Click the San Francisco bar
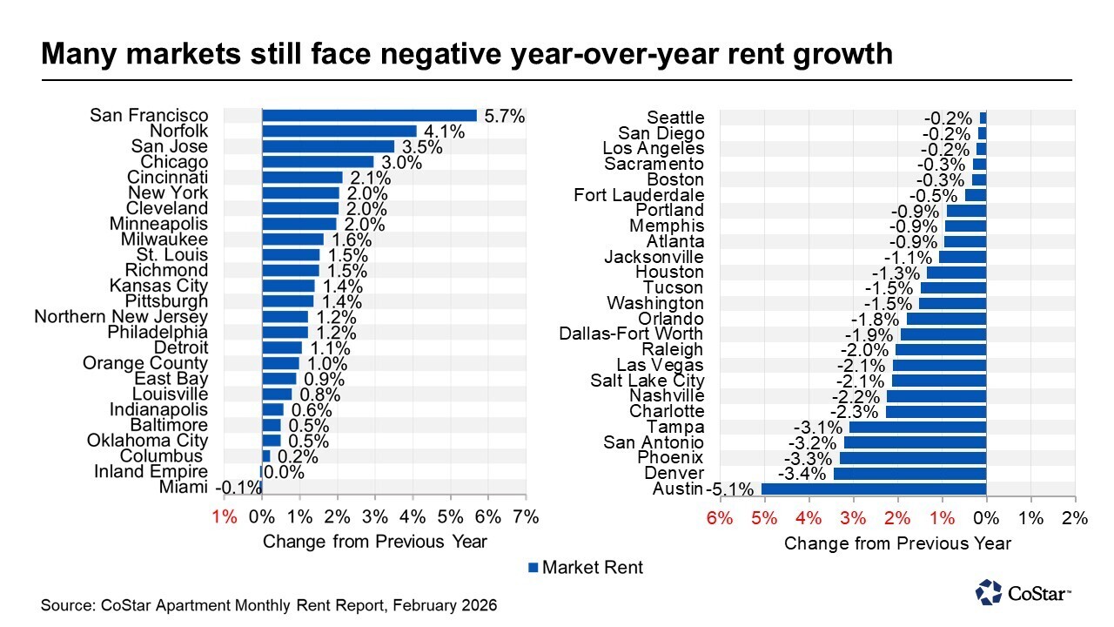tap(369, 115)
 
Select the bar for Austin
tap(873, 489)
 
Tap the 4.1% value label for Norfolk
tap(445, 131)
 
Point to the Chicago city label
tap(174, 162)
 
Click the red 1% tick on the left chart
tap(224, 517)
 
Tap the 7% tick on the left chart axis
tap(526, 517)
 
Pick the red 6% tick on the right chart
tap(718, 519)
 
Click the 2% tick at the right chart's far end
tap(1076, 519)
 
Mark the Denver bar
tap(909, 474)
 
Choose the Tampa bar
tap(917, 427)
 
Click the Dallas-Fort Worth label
tap(631, 334)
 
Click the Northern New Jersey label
tap(121, 317)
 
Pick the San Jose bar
tap(328, 146)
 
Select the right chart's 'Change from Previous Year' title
tap(897, 543)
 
